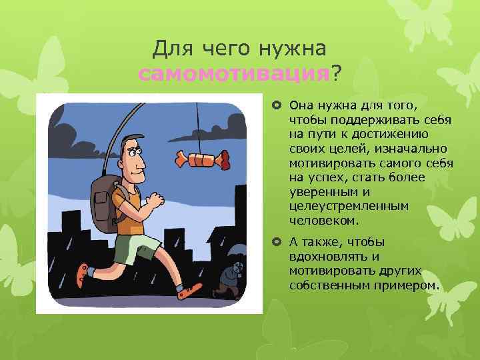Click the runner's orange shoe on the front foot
coord(189,289)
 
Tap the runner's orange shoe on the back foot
coord(82,274)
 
